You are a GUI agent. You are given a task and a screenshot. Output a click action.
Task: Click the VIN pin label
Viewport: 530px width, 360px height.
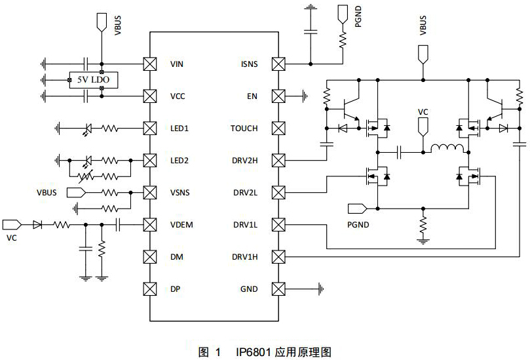176,64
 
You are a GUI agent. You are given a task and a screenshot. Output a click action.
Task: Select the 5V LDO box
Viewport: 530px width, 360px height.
94,80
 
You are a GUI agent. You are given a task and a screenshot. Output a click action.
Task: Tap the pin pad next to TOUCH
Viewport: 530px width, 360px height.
279,129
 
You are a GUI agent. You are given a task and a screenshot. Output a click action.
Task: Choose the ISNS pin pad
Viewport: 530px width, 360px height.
279,64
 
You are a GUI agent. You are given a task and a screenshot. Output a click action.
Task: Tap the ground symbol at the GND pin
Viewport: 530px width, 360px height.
320,289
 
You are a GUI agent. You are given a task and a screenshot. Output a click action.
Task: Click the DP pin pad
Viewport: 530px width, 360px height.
150,289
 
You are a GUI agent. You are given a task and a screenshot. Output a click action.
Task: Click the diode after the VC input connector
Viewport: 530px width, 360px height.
37,225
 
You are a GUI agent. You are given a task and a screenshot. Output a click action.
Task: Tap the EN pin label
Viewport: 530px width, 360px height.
252,96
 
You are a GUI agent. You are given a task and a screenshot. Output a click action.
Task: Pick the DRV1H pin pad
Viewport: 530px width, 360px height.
279,256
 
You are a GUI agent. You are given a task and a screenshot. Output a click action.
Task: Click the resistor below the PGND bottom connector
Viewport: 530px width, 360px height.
423,224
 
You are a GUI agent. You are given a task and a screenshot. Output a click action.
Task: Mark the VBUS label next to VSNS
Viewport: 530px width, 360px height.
48,193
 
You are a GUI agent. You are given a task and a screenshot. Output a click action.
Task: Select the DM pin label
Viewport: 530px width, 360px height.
176,257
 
